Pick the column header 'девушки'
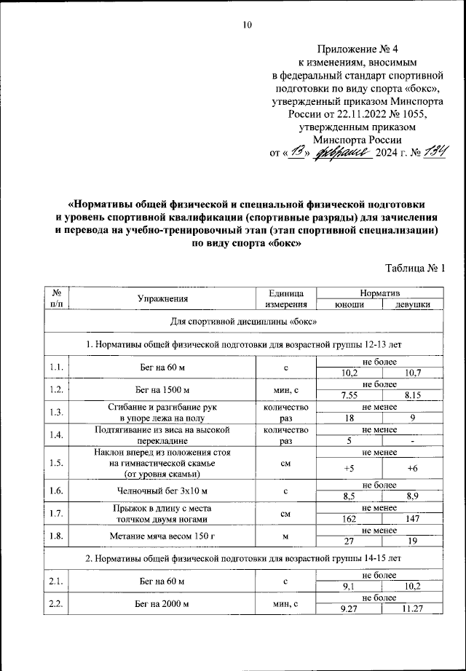[411, 305]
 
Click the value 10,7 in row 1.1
[412, 373]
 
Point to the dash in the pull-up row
[412, 440]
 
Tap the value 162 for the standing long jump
[347, 520]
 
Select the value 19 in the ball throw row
[412, 542]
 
